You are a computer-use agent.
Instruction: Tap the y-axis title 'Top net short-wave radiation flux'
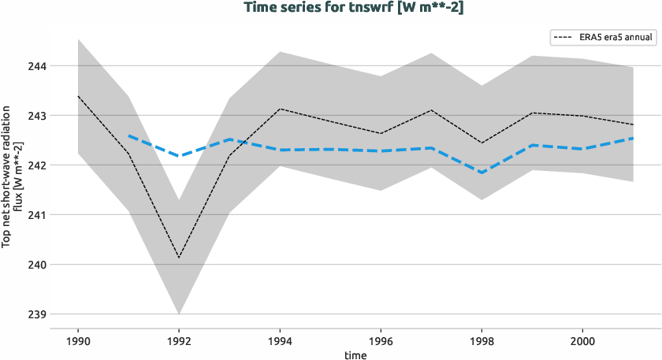pyautogui.click(x=12, y=178)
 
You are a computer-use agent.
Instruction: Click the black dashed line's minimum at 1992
pyautogui.click(x=179, y=258)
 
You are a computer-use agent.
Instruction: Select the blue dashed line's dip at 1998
pyautogui.click(x=482, y=173)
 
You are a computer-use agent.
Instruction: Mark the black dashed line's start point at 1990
pyautogui.click(x=78, y=96)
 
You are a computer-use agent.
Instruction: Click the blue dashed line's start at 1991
pyautogui.click(x=128, y=136)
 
